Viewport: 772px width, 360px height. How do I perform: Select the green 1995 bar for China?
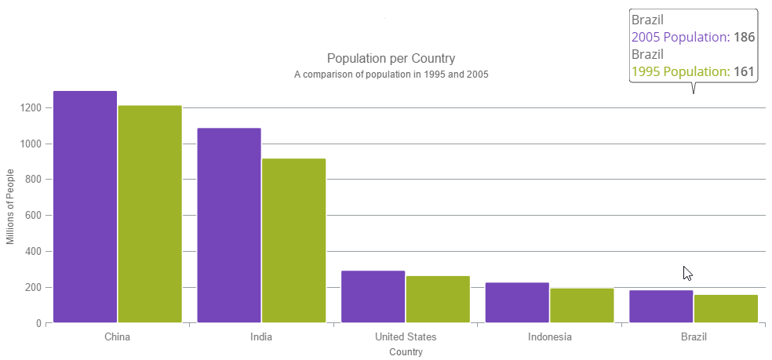click(x=150, y=213)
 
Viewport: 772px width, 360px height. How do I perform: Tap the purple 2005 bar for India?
click(x=229, y=225)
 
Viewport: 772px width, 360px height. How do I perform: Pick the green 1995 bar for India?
click(x=293, y=240)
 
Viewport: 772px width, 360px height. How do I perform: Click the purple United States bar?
click(x=373, y=296)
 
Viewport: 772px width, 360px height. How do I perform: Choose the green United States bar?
click(x=438, y=299)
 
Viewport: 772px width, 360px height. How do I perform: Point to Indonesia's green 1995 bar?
click(x=581, y=305)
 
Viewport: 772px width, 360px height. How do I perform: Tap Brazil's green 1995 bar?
click(x=726, y=308)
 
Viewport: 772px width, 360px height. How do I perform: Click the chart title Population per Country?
click(x=391, y=59)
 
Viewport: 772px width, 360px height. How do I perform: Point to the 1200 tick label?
click(x=31, y=107)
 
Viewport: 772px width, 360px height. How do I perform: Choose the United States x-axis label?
click(x=406, y=337)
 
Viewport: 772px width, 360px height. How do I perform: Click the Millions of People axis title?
click(x=10, y=207)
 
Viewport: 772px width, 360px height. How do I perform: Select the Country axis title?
click(x=406, y=352)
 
